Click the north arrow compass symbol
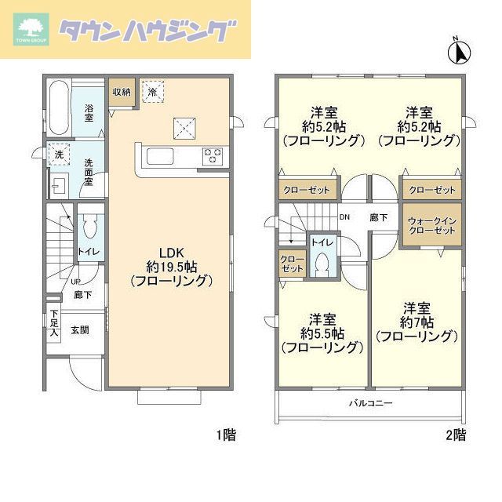pos(457,51)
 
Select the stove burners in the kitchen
pos(213,155)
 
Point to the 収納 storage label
pos(121,92)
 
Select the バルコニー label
pos(370,403)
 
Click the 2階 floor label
pos(455,434)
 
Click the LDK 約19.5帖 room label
pos(172,266)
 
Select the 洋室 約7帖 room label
pos(416,321)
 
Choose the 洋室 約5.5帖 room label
pos(321,333)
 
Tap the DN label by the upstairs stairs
pos(344,217)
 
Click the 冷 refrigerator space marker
pos(152,91)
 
